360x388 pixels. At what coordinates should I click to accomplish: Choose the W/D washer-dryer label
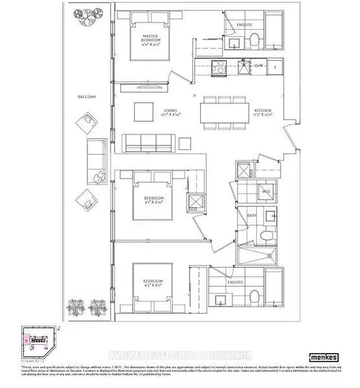(265, 192)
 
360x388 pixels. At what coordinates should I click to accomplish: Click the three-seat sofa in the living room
(149, 142)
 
